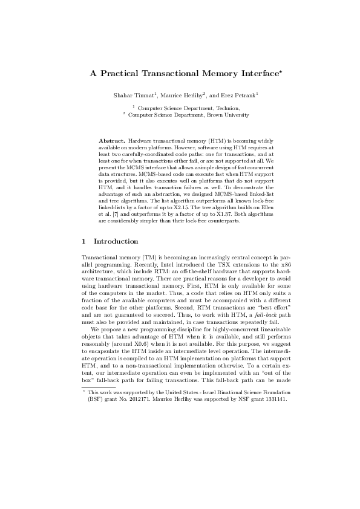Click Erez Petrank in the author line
click(239, 96)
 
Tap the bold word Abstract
click(111, 140)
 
